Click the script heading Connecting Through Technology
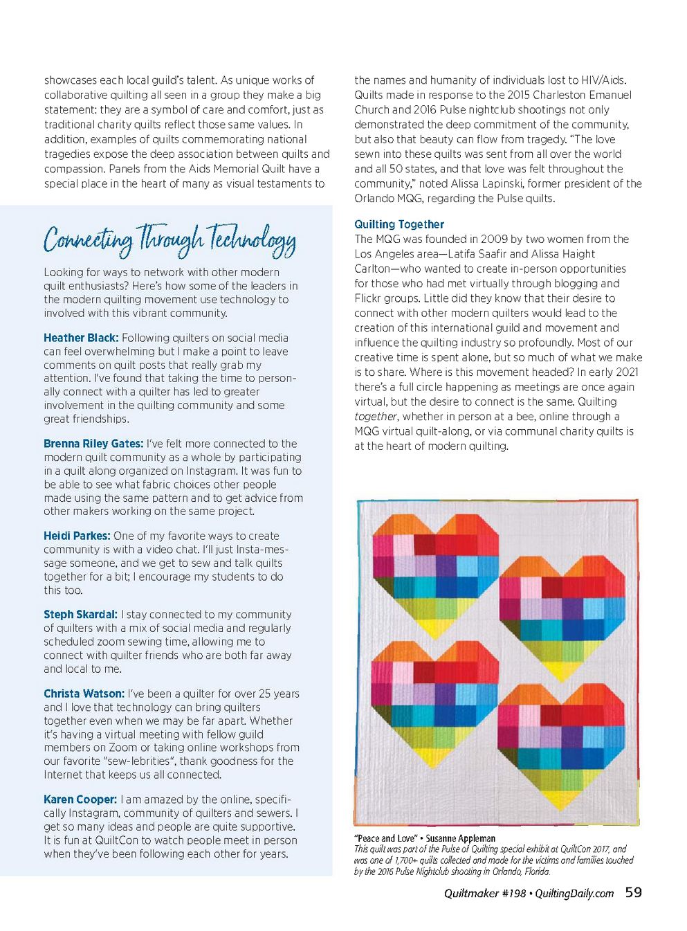click(170, 239)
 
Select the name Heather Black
click(81, 338)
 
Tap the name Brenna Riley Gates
click(93, 444)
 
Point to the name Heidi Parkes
click(77, 536)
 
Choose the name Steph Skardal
click(80, 615)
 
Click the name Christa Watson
click(84, 694)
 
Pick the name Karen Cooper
click(80, 799)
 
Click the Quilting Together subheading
click(399, 224)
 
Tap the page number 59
click(633, 893)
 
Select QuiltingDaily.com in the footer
click(574, 894)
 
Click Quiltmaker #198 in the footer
click(485, 894)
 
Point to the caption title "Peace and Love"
click(385, 838)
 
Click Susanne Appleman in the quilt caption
click(460, 838)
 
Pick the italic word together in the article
click(376, 417)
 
